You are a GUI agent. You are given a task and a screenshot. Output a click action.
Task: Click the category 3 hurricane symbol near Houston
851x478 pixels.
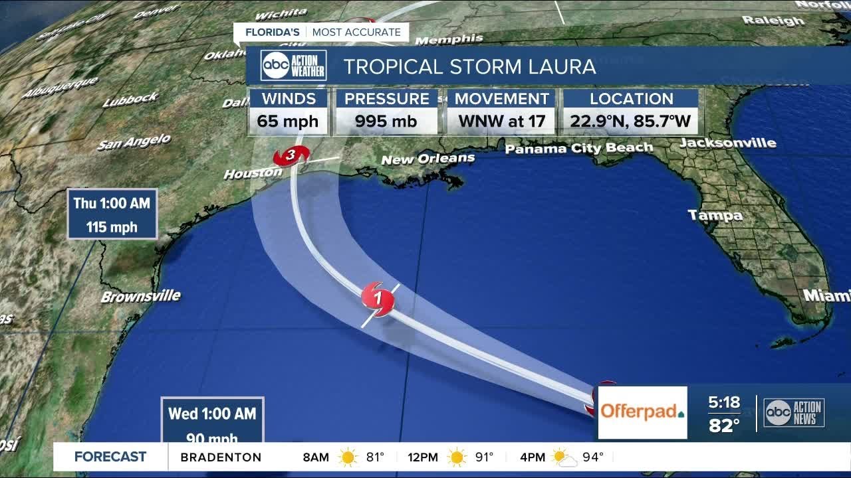pos(291,156)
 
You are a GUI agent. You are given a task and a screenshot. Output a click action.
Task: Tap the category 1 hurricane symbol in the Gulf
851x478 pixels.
pos(378,299)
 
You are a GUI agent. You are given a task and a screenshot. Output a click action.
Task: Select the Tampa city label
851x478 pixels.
pos(715,215)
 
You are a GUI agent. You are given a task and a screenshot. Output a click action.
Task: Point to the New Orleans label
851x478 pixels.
pos(427,159)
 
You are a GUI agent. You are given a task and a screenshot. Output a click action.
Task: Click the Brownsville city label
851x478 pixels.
pos(140,296)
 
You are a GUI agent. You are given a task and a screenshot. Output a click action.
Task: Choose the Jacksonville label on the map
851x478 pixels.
pos(727,143)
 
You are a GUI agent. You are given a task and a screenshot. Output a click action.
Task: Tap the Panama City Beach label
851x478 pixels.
pos(578,149)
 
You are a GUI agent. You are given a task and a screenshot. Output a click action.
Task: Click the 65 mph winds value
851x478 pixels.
pos(288,121)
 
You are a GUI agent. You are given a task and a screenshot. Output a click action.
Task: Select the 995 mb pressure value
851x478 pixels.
pos(386,121)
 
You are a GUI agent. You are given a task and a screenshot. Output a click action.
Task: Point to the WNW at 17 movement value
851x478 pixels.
pos(501,121)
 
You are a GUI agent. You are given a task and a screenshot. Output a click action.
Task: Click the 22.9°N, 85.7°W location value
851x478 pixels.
pos(630,121)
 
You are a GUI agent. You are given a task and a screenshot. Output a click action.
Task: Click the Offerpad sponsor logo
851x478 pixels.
pos(642,412)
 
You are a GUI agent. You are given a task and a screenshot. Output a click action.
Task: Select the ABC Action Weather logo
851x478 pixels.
pos(293,65)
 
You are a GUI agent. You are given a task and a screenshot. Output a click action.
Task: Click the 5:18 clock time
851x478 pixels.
pos(723,402)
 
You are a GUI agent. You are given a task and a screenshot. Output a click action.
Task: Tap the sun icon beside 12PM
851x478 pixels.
pos(456,457)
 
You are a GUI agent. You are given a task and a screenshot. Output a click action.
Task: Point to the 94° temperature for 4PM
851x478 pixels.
pos(592,457)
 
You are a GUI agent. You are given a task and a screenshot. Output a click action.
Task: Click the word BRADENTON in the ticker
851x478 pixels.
pos(221,457)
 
